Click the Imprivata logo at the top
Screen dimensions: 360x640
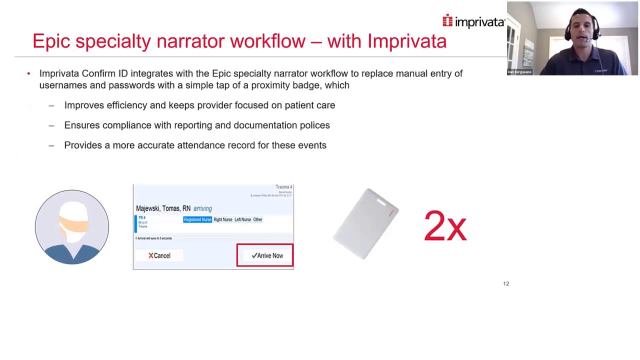473,21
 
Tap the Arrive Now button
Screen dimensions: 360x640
265,255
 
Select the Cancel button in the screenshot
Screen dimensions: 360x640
159,255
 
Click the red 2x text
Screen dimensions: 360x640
445,226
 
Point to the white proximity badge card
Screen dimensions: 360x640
366,224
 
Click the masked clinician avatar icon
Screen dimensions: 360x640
72,226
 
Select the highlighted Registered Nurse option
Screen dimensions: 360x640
197,219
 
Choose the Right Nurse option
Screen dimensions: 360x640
223,219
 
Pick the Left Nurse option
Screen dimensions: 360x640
242,219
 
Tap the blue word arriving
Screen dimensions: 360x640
202,208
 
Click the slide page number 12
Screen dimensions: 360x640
506,283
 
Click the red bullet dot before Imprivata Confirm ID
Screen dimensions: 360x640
28,73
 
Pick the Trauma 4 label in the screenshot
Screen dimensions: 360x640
283,187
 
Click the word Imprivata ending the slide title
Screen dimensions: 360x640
407,41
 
